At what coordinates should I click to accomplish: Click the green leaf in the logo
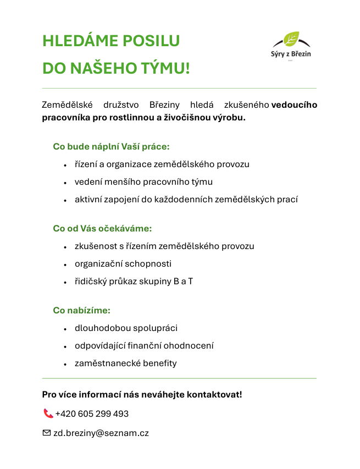coord(291,39)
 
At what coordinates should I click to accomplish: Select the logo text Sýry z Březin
coord(291,54)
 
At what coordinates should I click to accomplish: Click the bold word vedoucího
coord(294,104)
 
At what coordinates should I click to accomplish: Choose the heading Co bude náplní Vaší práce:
coord(111,147)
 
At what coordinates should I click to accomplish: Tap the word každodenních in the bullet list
coord(186,200)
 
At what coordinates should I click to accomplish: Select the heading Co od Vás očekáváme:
coord(102,228)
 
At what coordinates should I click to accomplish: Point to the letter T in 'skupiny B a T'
coord(190,282)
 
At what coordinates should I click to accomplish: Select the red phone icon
coord(48,413)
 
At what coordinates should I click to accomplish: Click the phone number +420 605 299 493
coord(92,414)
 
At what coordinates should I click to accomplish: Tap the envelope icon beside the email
coord(47,433)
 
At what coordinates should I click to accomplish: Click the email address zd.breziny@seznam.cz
coord(101,433)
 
